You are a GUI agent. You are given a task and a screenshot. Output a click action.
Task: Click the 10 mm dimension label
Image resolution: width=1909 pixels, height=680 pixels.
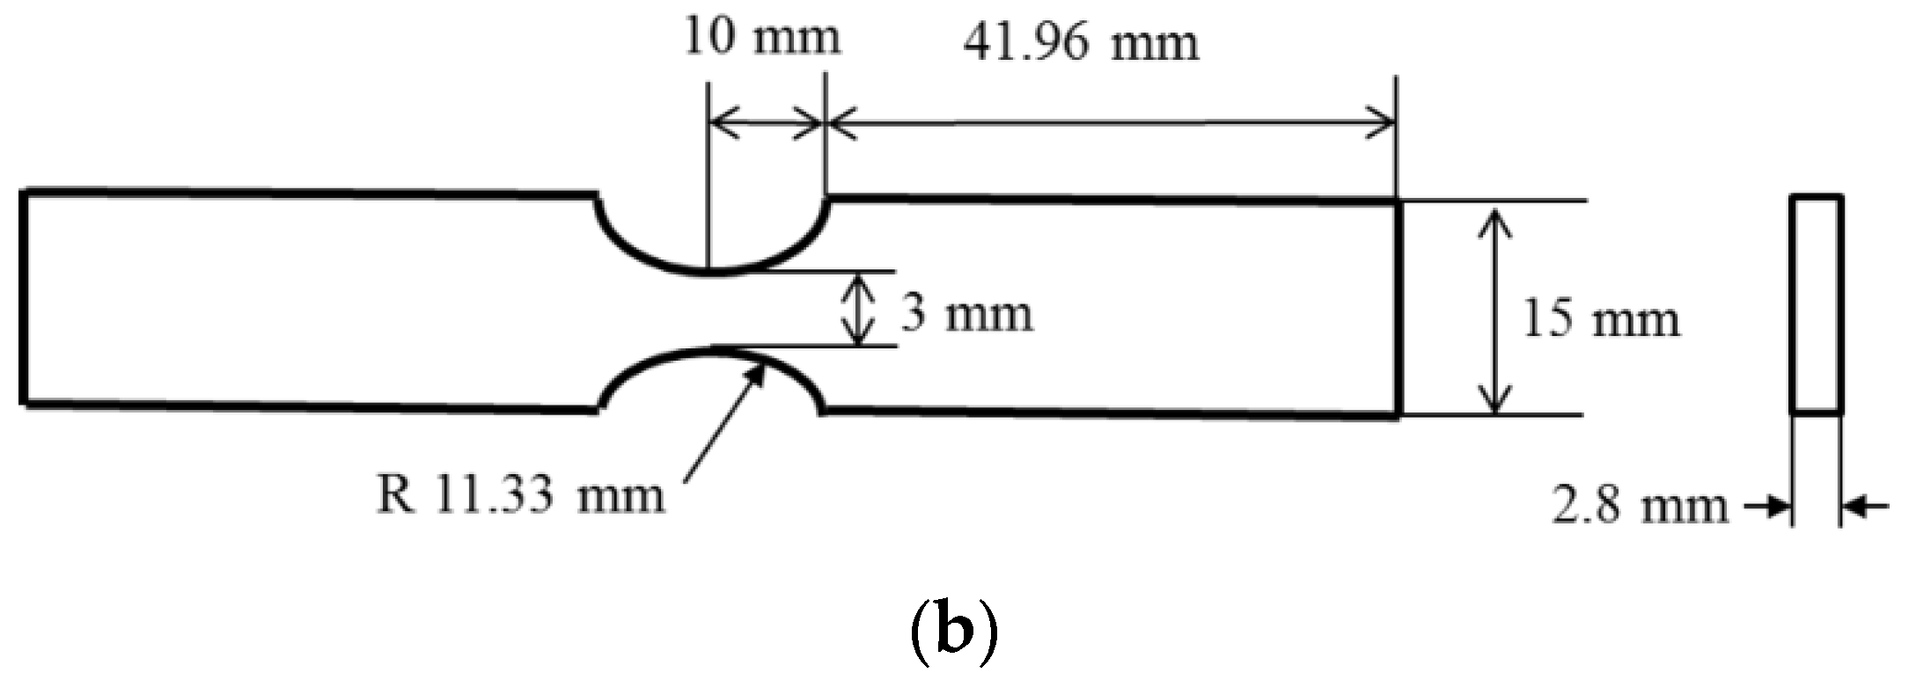pyautogui.click(x=762, y=38)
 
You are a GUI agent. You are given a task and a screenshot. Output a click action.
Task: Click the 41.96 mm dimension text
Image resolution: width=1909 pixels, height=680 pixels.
pyautogui.click(x=1081, y=41)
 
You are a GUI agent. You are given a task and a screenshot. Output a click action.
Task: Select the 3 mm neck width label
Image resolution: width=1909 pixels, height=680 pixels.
pyautogui.click(x=966, y=313)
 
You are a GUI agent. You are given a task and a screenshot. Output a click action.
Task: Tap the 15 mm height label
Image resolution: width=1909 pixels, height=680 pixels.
pyautogui.click(x=1601, y=319)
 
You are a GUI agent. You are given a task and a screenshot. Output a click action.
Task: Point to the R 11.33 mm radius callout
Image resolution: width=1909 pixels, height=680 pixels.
pyautogui.click(x=520, y=494)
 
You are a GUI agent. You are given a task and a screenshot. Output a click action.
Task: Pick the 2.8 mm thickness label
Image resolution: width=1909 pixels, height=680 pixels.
pyautogui.click(x=1639, y=506)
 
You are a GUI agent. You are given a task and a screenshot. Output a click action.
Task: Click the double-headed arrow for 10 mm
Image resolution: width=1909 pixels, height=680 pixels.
pyautogui.click(x=766, y=124)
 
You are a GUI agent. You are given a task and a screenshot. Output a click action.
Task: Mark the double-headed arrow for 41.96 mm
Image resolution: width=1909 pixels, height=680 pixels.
pyautogui.click(x=1110, y=124)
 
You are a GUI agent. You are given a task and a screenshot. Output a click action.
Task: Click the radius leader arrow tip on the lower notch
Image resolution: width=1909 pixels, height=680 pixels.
pyautogui.click(x=757, y=368)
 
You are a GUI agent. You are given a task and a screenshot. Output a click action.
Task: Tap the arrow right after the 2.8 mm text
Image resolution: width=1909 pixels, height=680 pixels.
pyautogui.click(x=1769, y=506)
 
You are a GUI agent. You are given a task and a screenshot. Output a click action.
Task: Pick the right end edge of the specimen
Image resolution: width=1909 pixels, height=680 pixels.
pyautogui.click(x=1398, y=308)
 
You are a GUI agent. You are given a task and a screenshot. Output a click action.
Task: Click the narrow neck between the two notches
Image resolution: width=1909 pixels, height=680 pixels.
pyautogui.click(x=713, y=311)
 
